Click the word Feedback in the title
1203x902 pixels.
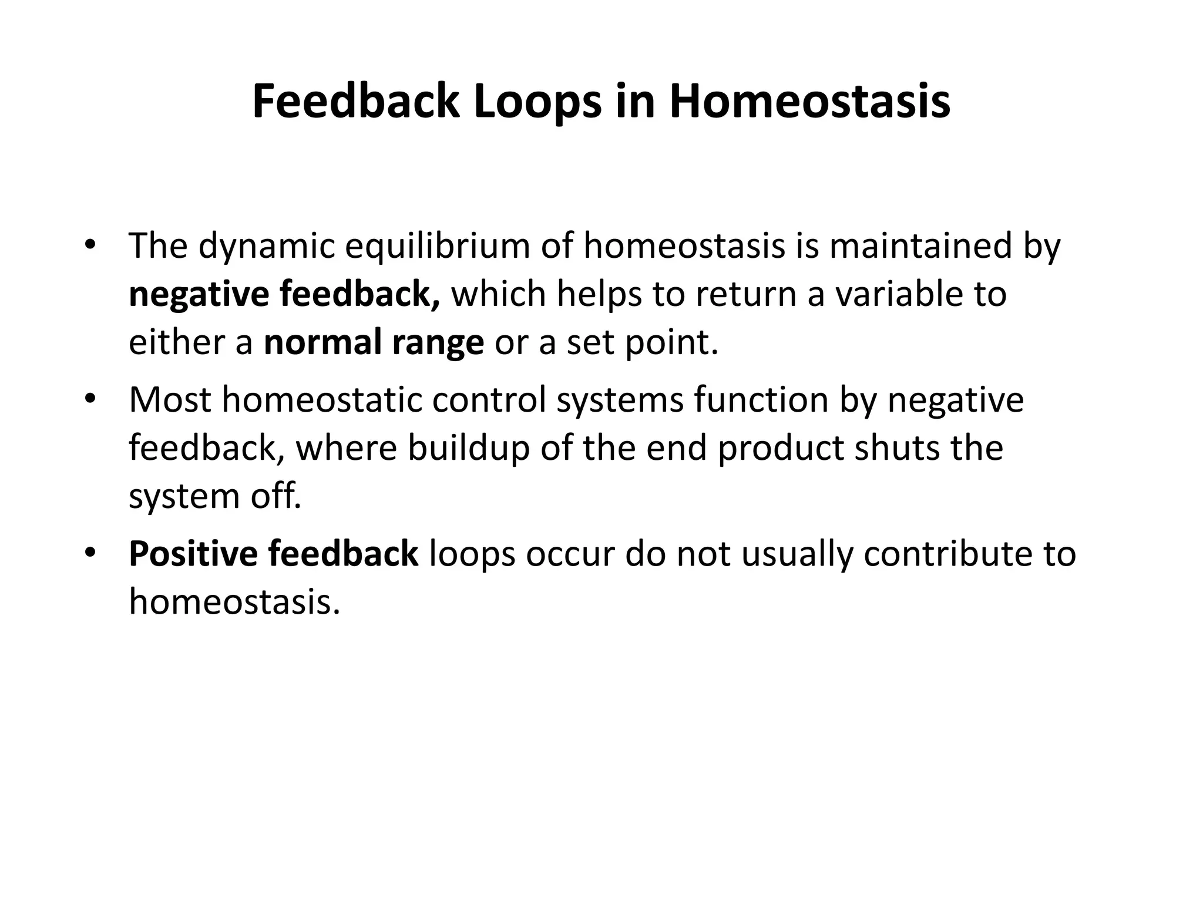tap(355, 102)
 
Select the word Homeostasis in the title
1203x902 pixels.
tap(809, 102)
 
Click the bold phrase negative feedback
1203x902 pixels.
tap(284, 294)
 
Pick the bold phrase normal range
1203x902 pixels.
tap(374, 342)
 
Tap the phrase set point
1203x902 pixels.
tap(642, 342)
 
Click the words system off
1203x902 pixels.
tap(214, 496)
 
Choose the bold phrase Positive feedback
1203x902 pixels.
tap(273, 554)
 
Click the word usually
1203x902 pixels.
tap(797, 554)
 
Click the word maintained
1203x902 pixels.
tap(920, 246)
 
